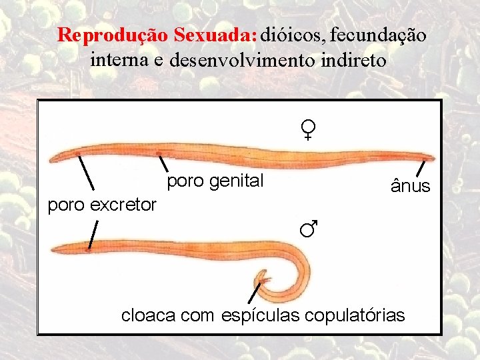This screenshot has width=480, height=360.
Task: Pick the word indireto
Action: (x=353, y=61)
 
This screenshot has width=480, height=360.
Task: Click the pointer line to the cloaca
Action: (x=254, y=293)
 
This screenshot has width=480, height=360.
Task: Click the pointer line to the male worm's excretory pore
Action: (x=93, y=234)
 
